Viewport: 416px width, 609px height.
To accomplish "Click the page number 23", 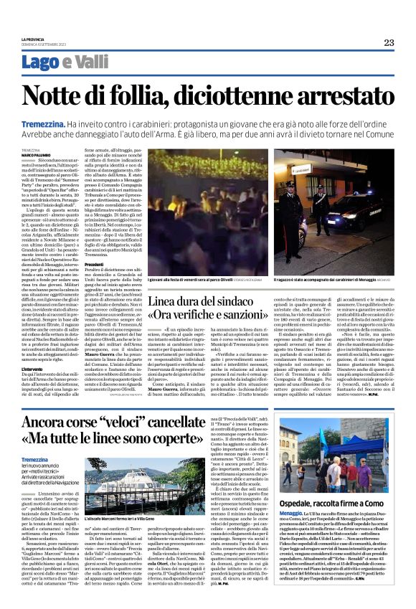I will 389,43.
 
